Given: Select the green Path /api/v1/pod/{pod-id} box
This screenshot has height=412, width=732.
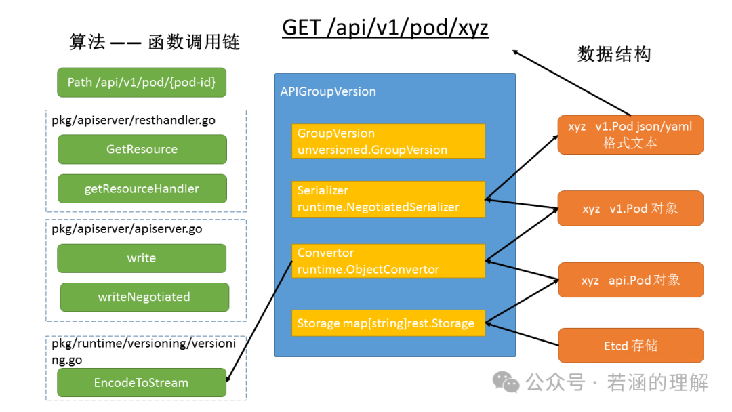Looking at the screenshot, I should click(142, 82).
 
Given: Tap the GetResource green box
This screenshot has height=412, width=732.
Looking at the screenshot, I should click(142, 149).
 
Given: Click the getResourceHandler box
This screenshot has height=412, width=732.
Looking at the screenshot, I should click(142, 188).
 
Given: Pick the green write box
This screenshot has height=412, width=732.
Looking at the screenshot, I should click(142, 258).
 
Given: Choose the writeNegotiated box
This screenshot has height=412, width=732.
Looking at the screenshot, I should click(144, 297).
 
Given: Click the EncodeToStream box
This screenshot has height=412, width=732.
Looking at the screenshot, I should click(142, 383).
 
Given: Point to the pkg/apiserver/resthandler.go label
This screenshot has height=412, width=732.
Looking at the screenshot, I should click(134, 121).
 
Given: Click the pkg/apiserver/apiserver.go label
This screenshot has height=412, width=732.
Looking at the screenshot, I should click(127, 229).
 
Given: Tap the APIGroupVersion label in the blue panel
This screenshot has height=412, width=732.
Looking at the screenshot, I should click(328, 91).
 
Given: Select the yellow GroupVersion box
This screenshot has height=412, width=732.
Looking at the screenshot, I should click(388, 142).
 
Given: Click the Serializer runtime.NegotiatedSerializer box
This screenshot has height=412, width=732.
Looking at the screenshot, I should click(388, 199).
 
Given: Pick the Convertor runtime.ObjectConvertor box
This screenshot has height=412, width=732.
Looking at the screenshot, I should click(388, 261).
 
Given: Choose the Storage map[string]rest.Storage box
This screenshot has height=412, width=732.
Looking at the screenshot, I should click(388, 323).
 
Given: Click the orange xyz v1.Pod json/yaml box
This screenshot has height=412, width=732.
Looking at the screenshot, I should click(630, 135).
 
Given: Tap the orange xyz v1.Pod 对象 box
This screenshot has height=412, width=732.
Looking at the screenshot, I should click(630, 209).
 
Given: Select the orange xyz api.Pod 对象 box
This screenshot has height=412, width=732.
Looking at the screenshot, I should click(630, 280).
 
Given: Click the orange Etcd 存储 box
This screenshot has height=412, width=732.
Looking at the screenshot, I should click(630, 346).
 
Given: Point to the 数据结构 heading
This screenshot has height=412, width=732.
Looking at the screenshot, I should click(614, 54).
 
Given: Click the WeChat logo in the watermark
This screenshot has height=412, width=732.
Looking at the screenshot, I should click(506, 382).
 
